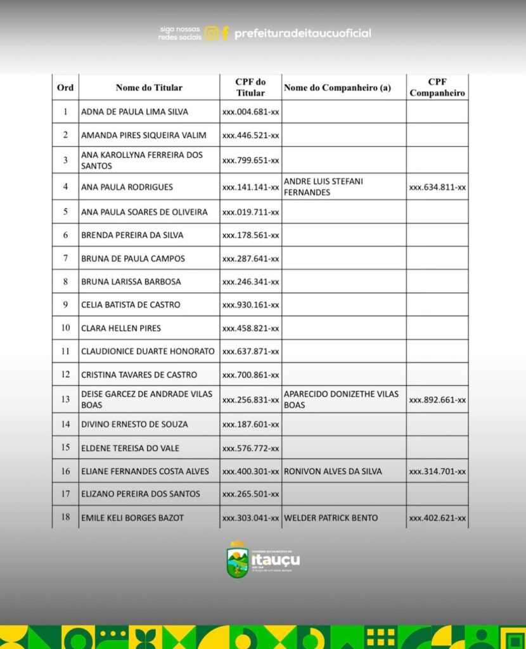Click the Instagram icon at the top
212,33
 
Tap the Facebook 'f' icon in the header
226,33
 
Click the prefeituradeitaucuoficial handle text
302,33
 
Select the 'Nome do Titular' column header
149,87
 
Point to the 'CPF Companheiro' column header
437,87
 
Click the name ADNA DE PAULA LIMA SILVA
134,112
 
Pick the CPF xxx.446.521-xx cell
250,135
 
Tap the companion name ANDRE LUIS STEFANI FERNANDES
323,186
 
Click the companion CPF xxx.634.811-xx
437,187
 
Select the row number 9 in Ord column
65,304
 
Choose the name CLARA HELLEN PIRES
121,328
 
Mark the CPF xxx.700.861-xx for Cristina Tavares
250,375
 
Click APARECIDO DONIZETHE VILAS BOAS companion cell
341,399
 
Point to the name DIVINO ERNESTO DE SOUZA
134,424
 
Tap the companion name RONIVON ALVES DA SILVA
333,471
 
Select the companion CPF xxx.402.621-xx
437,518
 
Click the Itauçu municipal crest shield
238,560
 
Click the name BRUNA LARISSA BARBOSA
131,281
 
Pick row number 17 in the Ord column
65,494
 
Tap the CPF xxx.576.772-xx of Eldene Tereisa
250,448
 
